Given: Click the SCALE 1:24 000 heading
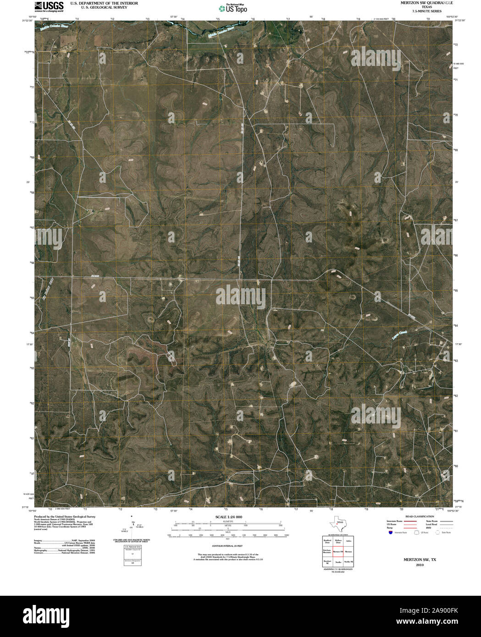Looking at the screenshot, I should click(x=228, y=517).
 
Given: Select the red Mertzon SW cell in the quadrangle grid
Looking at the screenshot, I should click(x=338, y=551).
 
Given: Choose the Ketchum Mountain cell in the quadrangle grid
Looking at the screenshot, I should click(x=327, y=551).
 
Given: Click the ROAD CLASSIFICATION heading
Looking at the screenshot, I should click(x=414, y=516).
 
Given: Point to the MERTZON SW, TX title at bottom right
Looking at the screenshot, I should click(x=413, y=560).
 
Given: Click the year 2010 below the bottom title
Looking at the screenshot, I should click(x=413, y=565).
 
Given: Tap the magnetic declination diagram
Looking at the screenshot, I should click(x=133, y=526).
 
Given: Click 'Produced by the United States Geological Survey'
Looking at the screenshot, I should click(x=64, y=516).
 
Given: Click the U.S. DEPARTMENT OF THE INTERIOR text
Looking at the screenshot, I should click(x=98, y=3).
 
